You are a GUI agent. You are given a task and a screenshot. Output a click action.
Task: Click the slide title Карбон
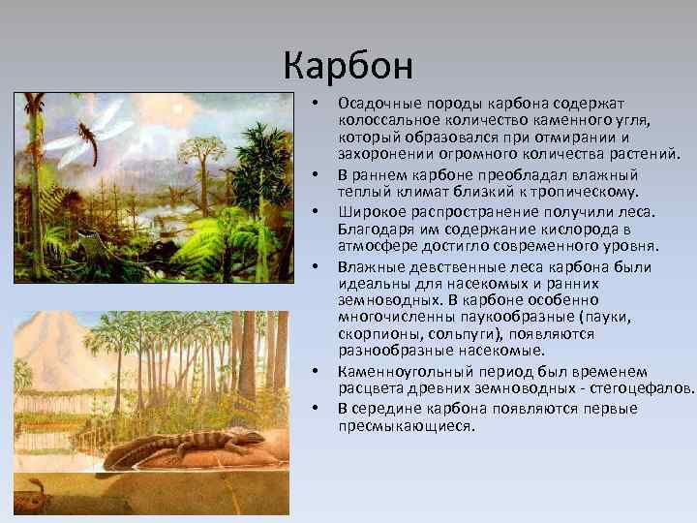tap(348, 65)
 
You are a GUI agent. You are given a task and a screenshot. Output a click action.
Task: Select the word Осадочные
tap(373, 102)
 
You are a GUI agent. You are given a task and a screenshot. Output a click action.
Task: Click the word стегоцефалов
tap(648, 389)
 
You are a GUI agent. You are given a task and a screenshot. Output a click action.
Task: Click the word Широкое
tap(368, 211)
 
